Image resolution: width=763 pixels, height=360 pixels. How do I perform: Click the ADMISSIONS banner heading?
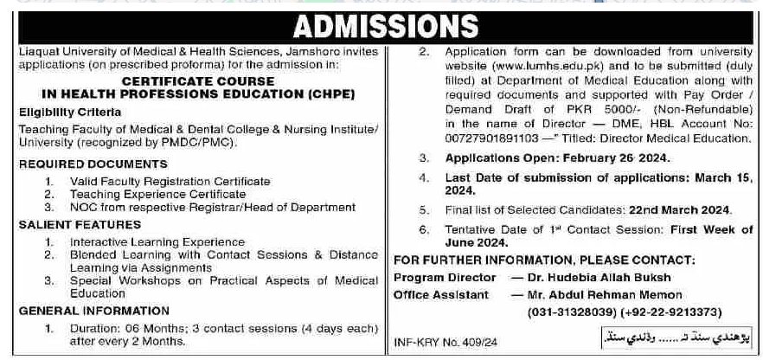[381, 27]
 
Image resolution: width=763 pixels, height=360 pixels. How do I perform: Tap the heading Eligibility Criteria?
[64, 112]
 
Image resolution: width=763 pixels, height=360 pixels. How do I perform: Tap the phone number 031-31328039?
[574, 312]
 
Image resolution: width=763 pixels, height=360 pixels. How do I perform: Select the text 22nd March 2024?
[680, 210]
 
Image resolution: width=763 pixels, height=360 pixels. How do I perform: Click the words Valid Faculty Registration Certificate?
[170, 182]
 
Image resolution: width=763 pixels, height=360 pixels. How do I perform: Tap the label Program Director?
[445, 278]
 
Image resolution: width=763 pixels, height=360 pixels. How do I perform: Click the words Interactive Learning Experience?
[157, 242]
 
